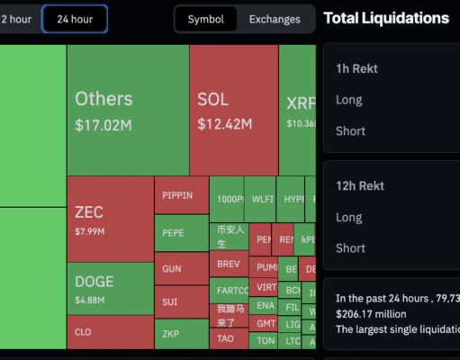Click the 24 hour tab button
pyautogui.click(x=75, y=19)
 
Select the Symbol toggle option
pyautogui.click(x=205, y=19)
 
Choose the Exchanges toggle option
pyautogui.click(x=275, y=19)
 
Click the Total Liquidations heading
pyautogui.click(x=385, y=18)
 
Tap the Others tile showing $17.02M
pyautogui.click(x=127, y=109)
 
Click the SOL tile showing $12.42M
pyautogui.click(x=233, y=109)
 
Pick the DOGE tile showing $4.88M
pyautogui.click(x=110, y=289)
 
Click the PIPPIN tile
pyautogui.click(x=181, y=195)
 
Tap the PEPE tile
pyautogui.click(x=181, y=232)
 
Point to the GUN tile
pyautogui.click(x=181, y=268)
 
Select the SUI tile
pyautogui.click(x=181, y=301)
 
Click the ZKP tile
pyautogui.click(x=181, y=334)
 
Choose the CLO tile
pyautogui.click(x=110, y=332)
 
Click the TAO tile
pyautogui.click(x=228, y=340)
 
